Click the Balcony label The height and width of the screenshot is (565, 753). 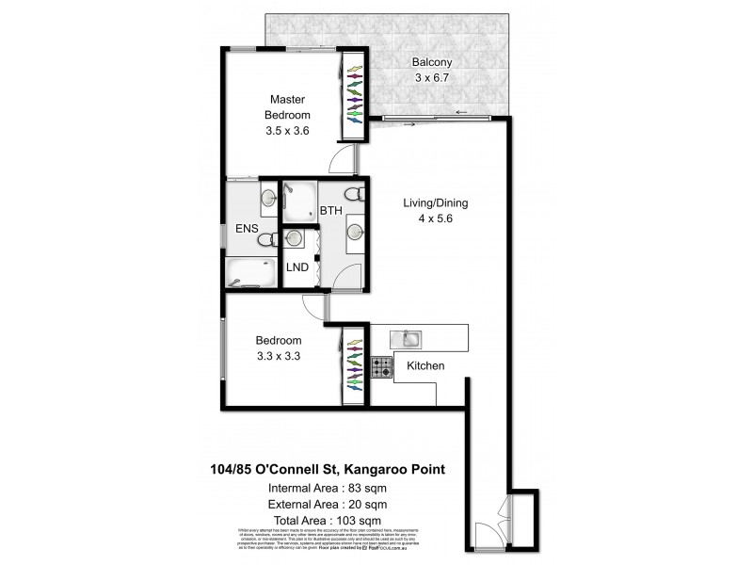coord(429,64)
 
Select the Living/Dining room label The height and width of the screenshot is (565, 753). coord(435,202)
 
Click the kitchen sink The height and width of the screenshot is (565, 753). coord(410,336)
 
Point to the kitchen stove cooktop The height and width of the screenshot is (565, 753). coord(380,366)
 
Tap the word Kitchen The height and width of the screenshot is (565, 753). coord(425,365)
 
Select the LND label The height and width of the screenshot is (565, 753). coord(298,266)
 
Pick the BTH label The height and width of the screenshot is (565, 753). coord(329,210)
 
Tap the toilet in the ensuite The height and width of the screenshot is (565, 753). coord(266,240)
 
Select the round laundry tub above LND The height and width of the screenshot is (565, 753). coord(296,238)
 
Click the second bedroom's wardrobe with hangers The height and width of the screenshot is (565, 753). coord(355,364)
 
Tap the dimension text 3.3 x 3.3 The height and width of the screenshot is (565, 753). coord(278,357)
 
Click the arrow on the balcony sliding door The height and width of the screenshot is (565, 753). coord(461,113)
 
